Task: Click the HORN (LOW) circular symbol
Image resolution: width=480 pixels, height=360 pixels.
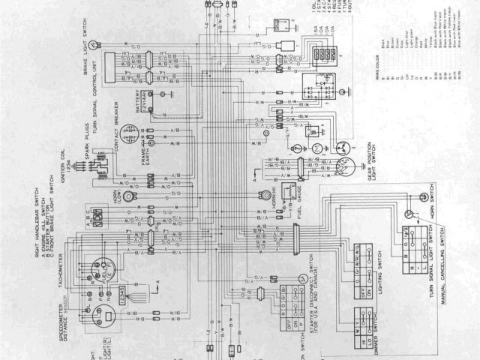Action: (x=129, y=196)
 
